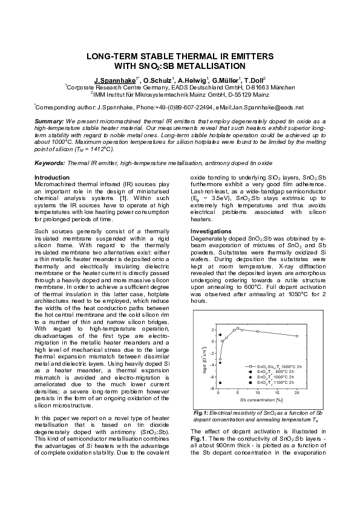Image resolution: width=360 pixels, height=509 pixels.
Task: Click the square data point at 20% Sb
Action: tap(296, 336)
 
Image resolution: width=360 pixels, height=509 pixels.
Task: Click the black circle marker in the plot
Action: tap(220, 383)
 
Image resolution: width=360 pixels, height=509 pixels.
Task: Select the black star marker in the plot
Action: tap(220, 363)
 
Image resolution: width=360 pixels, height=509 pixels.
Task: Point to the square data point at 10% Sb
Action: tap(258, 331)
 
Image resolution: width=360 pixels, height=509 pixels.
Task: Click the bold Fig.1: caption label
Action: tap(200, 412)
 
